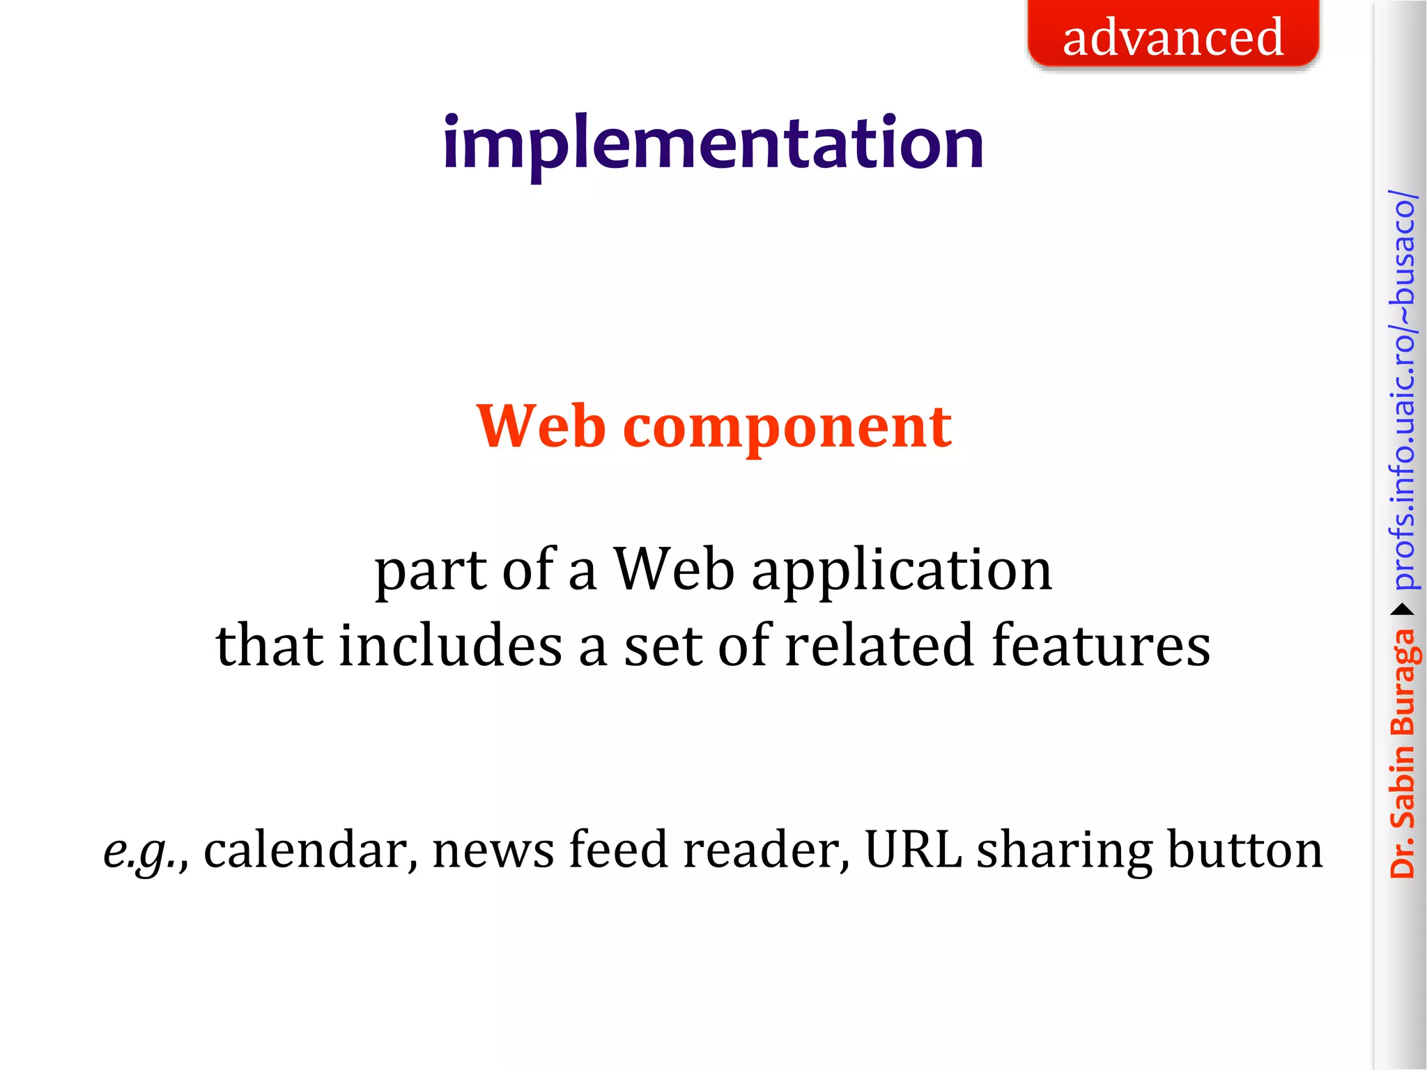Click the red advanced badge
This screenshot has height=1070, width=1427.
tap(1173, 35)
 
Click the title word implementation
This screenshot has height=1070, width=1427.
tap(713, 144)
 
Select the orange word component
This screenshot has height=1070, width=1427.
tap(787, 428)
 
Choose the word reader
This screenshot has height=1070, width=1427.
tap(766, 850)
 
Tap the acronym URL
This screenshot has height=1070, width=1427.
tap(913, 850)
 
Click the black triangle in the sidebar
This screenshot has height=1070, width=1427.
tap(1402, 610)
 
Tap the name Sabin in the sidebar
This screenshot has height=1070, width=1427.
tap(1403, 787)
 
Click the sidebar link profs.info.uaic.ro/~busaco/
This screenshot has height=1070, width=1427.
tap(1403, 390)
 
